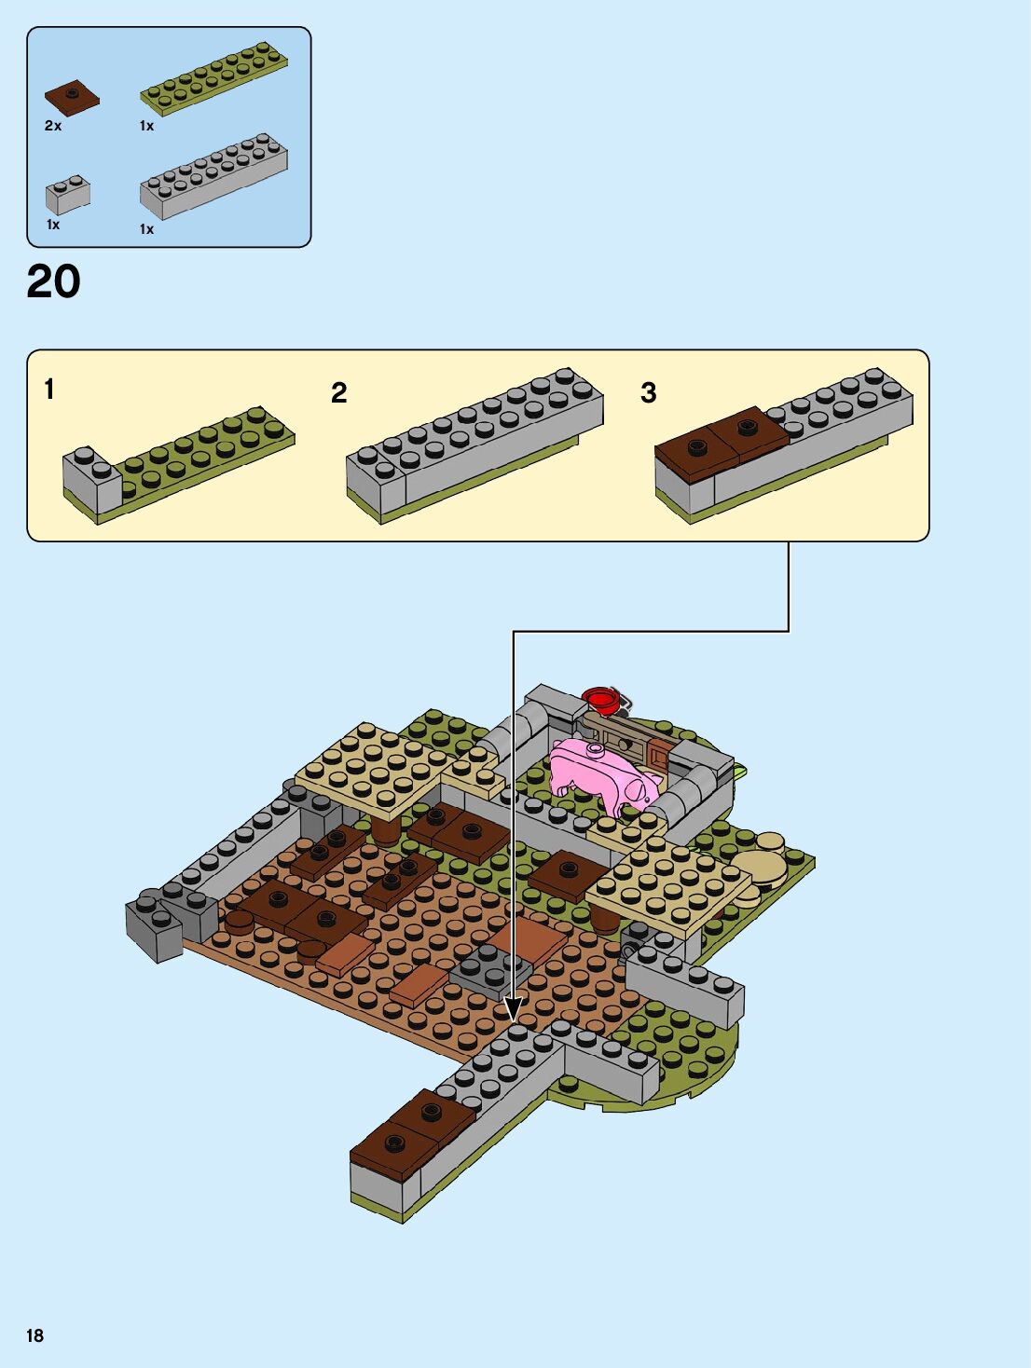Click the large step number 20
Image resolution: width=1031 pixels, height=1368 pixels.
[x=54, y=281]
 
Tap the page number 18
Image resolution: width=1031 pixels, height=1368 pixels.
[x=35, y=1335]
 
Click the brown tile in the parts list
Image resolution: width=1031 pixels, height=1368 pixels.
[x=72, y=97]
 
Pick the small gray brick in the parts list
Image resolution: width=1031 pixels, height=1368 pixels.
[x=68, y=193]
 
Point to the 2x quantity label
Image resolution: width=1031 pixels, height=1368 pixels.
[x=53, y=126]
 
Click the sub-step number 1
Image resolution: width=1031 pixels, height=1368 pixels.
[x=49, y=389]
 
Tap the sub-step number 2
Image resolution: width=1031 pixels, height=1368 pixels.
[x=339, y=392]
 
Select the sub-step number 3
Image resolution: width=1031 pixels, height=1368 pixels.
[x=649, y=392]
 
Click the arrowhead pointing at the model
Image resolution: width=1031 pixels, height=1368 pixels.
[x=513, y=1009]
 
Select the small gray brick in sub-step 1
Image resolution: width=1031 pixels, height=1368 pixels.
[x=91, y=475]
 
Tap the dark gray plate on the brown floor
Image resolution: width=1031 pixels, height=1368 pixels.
[x=489, y=967]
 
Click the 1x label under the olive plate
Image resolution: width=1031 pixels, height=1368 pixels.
[x=147, y=126]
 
